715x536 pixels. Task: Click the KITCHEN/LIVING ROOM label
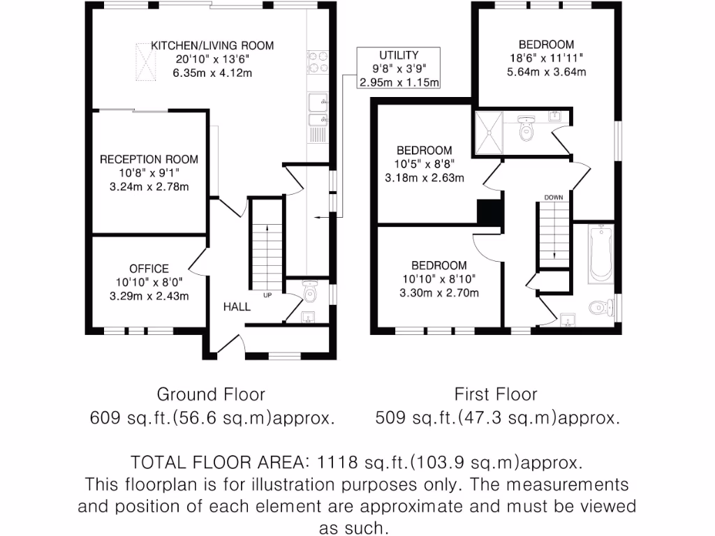click(212, 46)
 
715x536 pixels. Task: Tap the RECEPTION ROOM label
click(148, 159)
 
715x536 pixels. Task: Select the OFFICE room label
click(149, 269)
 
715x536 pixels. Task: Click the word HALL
click(237, 306)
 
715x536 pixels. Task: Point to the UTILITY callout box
click(399, 68)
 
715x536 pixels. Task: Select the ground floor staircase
click(267, 254)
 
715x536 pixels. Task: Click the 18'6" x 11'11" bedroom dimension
click(547, 58)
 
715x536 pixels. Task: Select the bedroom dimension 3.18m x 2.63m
click(424, 177)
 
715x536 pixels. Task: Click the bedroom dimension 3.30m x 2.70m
click(438, 292)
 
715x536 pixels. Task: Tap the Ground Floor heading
click(211, 394)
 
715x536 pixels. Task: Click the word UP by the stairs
click(267, 295)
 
